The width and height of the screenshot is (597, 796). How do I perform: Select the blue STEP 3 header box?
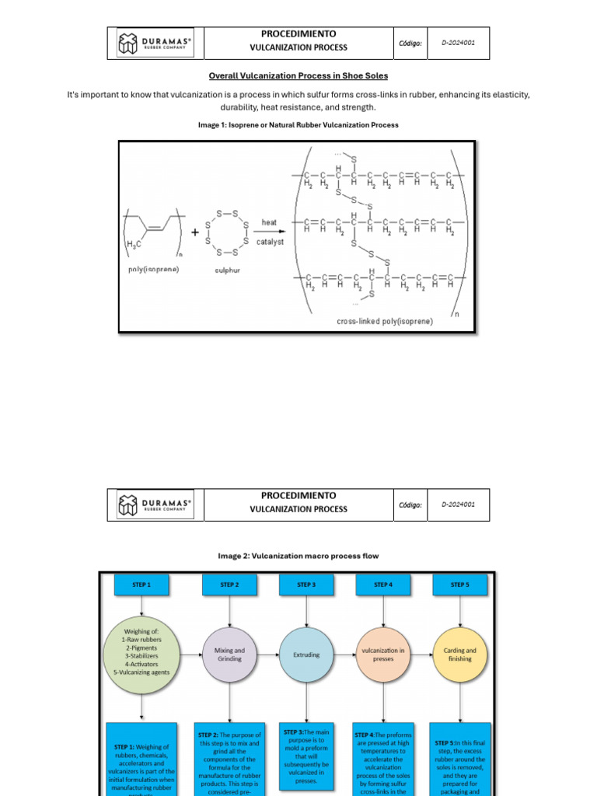click(306, 585)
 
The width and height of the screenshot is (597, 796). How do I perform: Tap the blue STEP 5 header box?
click(459, 585)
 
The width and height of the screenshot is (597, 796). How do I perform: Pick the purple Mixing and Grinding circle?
click(229, 655)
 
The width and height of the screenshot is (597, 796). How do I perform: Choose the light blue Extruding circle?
click(306, 655)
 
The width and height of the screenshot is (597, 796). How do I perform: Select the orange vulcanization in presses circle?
click(383, 655)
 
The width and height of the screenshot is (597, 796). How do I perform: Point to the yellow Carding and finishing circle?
click(460, 655)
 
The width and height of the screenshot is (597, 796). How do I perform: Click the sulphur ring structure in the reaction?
click(226, 232)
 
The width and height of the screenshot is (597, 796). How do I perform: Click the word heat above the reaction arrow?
click(269, 222)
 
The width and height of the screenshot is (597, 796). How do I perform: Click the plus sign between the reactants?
click(194, 232)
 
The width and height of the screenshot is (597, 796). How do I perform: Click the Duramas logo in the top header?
click(154, 44)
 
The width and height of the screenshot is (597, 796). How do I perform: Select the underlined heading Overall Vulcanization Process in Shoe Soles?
click(298, 75)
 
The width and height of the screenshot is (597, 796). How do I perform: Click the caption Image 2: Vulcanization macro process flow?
click(298, 556)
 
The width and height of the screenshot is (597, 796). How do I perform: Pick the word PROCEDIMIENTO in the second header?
click(298, 495)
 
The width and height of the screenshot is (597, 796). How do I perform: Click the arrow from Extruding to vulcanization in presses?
click(344, 655)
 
